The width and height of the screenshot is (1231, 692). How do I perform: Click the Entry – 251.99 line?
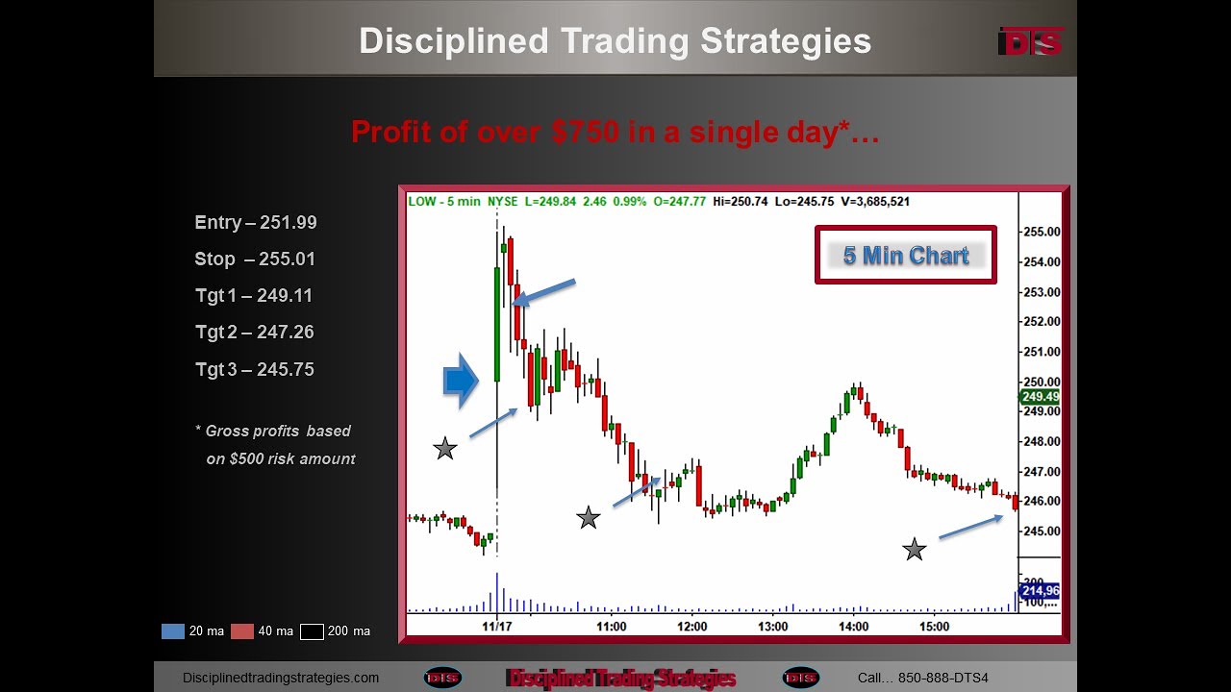tap(255, 223)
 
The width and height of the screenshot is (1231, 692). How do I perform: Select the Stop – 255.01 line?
tap(255, 259)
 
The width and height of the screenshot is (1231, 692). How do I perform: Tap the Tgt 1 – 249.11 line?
tap(254, 296)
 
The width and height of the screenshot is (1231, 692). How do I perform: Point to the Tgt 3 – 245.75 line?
tap(255, 370)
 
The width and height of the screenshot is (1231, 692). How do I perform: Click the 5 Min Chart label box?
tap(905, 256)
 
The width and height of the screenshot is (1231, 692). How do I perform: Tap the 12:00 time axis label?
tap(691, 627)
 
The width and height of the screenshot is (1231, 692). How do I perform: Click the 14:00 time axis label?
tap(853, 627)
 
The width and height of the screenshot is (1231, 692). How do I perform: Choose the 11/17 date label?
tap(497, 627)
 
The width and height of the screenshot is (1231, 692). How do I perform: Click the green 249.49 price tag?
tap(1041, 397)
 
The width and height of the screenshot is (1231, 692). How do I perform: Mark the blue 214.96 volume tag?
tap(1040, 591)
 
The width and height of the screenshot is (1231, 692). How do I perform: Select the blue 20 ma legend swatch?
tap(173, 631)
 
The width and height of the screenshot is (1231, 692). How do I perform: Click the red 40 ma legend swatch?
tap(242, 631)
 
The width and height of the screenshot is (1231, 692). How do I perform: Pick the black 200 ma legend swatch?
tap(312, 631)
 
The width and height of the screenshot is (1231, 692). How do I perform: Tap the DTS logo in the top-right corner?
tap(1030, 41)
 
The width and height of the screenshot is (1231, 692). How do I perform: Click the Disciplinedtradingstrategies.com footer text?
tap(281, 678)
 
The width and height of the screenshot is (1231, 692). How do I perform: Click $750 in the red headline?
tap(586, 132)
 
